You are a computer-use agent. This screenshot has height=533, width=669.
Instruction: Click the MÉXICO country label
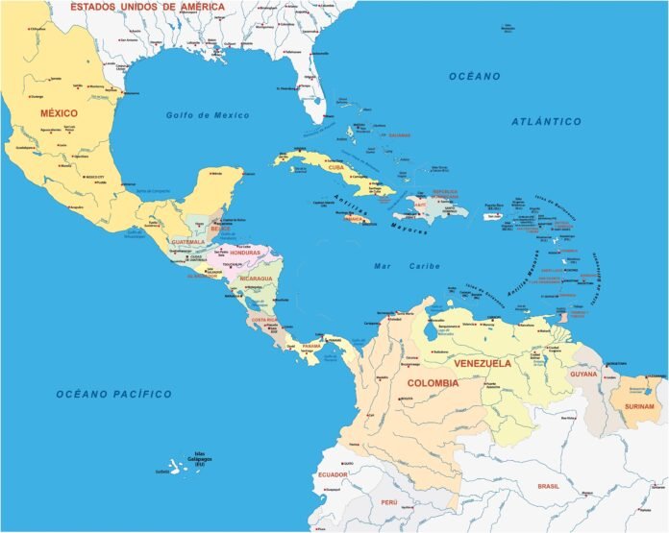[x=59, y=113]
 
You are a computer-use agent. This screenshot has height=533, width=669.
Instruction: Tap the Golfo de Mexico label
[x=207, y=115]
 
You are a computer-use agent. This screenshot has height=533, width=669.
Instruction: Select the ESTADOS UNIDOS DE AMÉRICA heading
[x=151, y=8]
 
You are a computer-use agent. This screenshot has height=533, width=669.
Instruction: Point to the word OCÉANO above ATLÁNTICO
[x=475, y=76]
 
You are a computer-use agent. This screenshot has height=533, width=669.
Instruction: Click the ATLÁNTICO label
[x=547, y=122]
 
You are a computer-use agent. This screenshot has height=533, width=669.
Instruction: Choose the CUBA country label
[x=336, y=167]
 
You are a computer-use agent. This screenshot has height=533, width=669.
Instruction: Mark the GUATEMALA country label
[x=187, y=242]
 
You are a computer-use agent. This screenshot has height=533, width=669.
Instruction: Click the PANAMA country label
[x=311, y=346]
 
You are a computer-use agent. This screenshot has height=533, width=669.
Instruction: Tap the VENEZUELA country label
[x=482, y=364]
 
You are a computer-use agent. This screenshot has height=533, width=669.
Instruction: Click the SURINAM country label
[x=638, y=406]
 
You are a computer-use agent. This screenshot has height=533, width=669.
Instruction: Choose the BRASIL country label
[x=549, y=487]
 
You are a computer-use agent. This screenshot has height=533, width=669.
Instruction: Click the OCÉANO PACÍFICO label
[x=112, y=394]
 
